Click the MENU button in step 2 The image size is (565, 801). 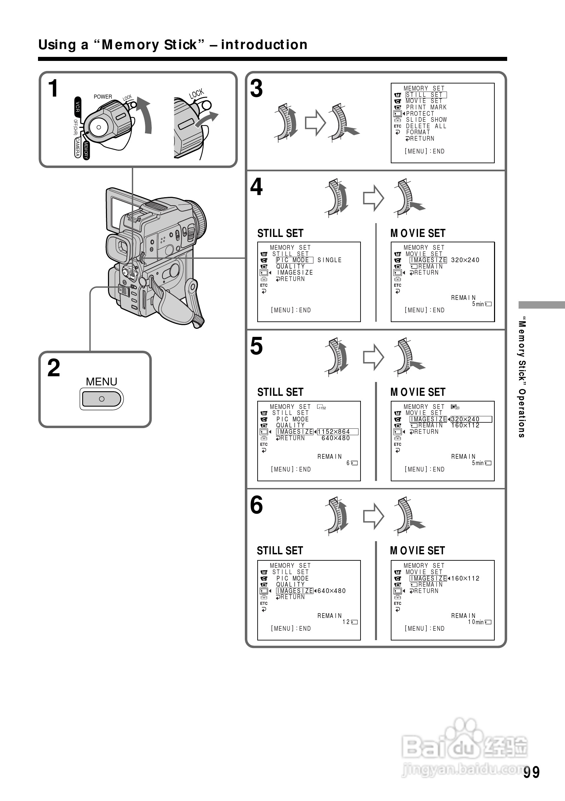[x=102, y=399]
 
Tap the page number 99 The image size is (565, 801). [x=531, y=772]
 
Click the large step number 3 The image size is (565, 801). [x=257, y=89]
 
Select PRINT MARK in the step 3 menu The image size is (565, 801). [x=426, y=107]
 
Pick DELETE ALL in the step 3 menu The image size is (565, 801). [x=426, y=126]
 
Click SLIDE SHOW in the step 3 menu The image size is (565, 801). [x=426, y=120]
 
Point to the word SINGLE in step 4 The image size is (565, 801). [x=329, y=260]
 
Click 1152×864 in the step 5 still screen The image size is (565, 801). [x=334, y=432]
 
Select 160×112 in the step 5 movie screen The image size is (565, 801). [x=465, y=426]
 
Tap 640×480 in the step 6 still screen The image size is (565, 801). [x=332, y=591]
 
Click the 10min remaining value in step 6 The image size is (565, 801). [x=476, y=622]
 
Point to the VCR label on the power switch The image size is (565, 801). [x=78, y=107]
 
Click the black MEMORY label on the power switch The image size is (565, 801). [x=86, y=150]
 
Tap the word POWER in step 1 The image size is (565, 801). [x=103, y=97]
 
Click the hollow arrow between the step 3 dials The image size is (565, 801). [x=315, y=123]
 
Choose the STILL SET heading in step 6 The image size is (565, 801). [x=280, y=551]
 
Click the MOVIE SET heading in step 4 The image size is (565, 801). [x=418, y=233]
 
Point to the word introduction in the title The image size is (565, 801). [x=264, y=45]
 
